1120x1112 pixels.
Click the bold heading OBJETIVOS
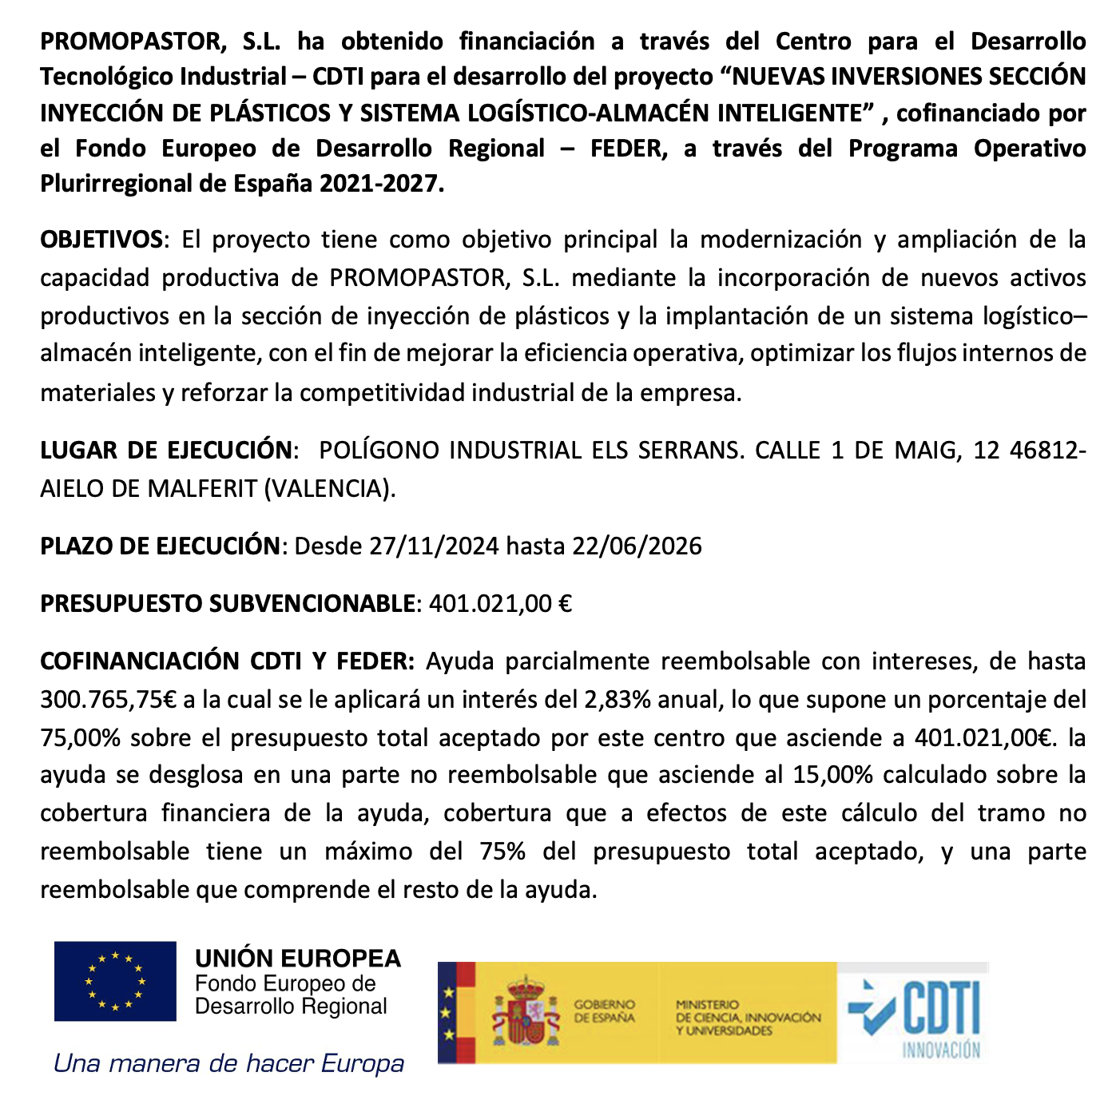[x=101, y=240]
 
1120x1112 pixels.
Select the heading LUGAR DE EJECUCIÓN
[x=166, y=450]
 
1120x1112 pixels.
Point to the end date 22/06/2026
[x=637, y=546]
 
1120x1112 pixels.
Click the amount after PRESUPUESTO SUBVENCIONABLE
[x=500, y=603]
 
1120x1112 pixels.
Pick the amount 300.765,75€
[x=108, y=700]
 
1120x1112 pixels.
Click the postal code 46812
[x=1044, y=450]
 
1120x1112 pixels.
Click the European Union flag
[x=115, y=981]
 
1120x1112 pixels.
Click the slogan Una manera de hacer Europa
[x=228, y=1064]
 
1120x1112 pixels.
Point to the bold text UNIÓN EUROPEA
[x=298, y=958]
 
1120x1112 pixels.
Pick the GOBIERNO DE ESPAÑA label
[x=604, y=1011]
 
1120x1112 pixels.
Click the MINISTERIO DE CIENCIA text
[x=748, y=1017]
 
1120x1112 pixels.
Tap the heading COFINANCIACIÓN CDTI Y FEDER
[x=227, y=661]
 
